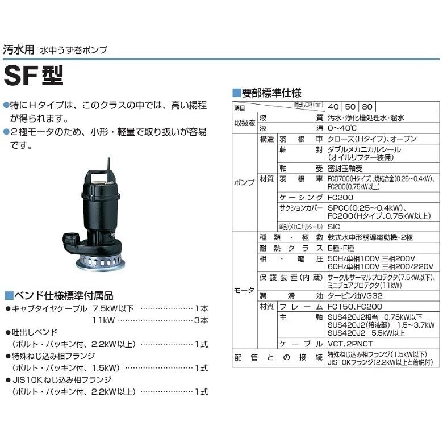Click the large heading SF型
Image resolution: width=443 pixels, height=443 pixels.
[34, 75]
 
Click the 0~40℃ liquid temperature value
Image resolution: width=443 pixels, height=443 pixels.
[344, 128]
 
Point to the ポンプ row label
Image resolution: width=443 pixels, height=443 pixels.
[244, 183]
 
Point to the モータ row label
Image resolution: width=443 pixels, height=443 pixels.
[244, 290]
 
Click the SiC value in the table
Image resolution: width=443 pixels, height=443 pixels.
[334, 226]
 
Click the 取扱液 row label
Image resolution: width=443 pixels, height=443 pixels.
[244, 123]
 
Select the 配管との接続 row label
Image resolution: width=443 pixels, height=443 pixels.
[278, 357]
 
